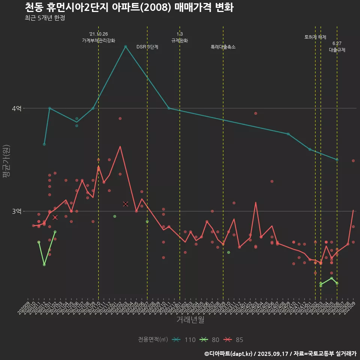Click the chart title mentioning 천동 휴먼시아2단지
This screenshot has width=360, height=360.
[x=129, y=7]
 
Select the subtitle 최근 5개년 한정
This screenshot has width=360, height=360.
[x=45, y=18]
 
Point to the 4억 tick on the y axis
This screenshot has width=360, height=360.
[x=17, y=108]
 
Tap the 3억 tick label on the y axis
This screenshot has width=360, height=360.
[x=17, y=211]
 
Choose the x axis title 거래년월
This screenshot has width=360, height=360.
[x=190, y=320]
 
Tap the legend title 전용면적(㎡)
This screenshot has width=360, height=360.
[x=152, y=340]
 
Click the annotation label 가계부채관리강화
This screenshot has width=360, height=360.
[x=99, y=40]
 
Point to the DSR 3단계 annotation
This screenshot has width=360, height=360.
[x=147, y=47]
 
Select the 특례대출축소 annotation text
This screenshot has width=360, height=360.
[x=223, y=47]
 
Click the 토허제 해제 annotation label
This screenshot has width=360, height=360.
[x=315, y=37]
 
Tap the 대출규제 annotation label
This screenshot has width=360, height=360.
[x=337, y=49]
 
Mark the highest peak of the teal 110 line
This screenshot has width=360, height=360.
[x=126, y=46]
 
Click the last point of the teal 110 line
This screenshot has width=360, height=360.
[x=337, y=160]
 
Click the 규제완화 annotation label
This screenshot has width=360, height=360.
[x=180, y=40]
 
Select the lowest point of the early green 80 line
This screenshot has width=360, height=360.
[x=44, y=265]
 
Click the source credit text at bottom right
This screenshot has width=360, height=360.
[x=280, y=354]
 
